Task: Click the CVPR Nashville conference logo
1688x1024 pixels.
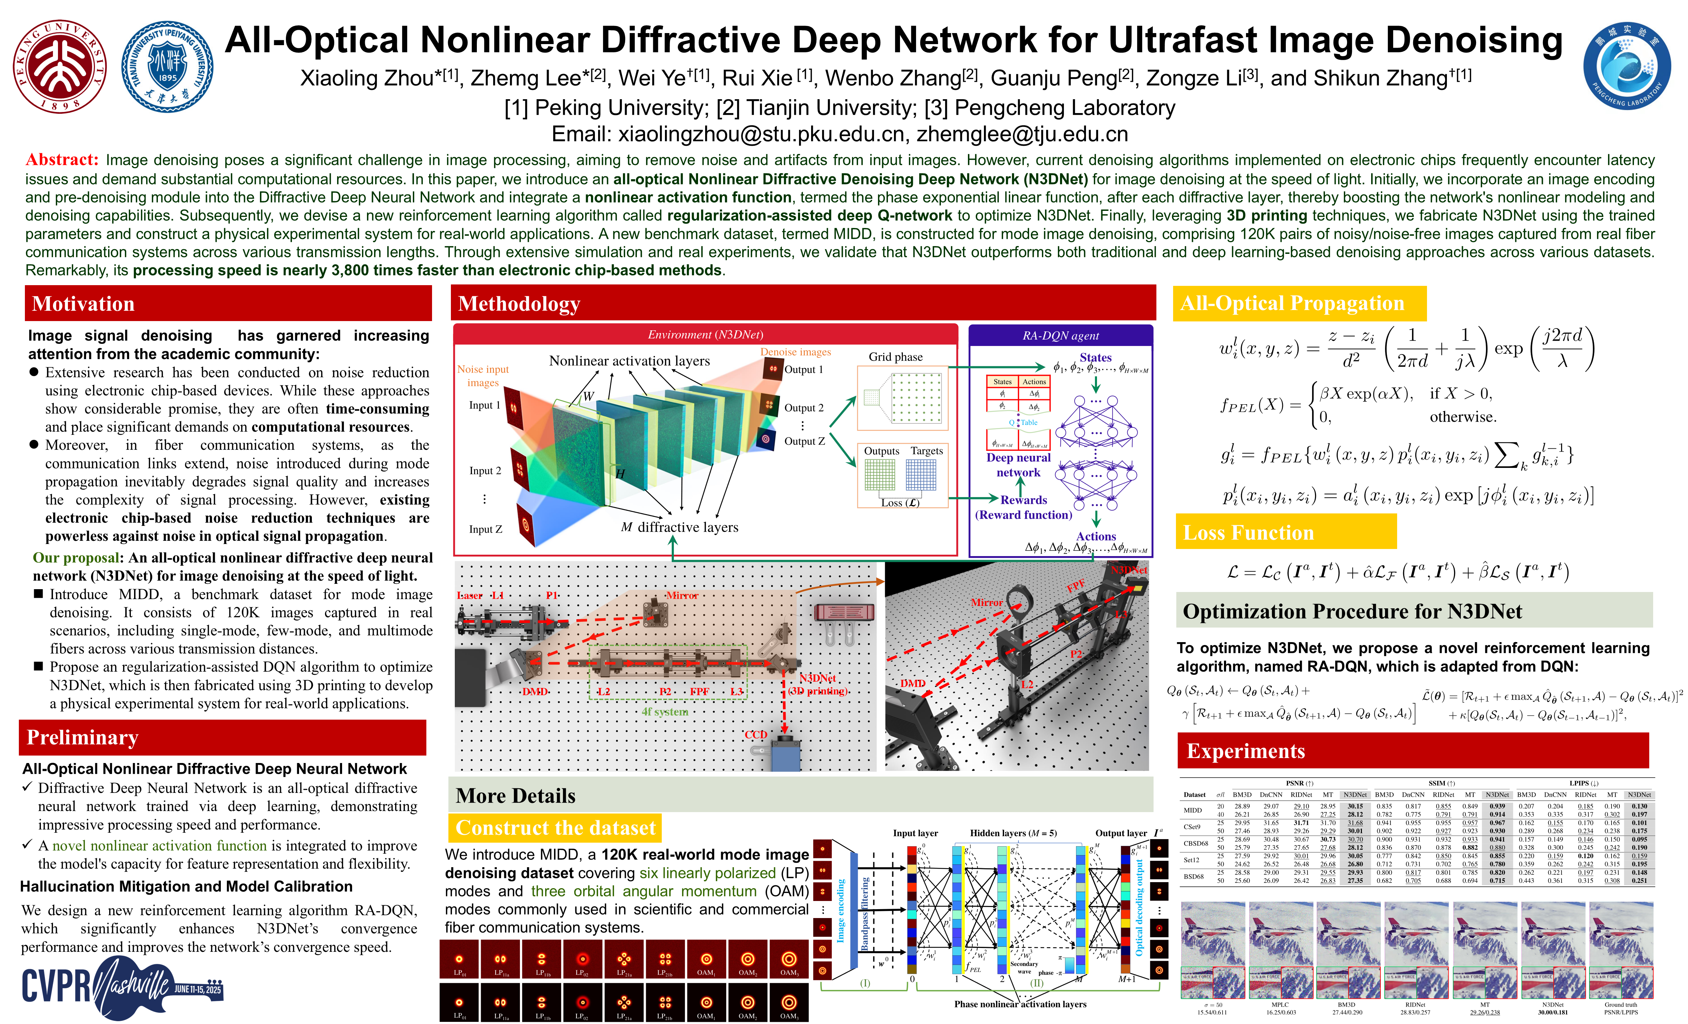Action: [122, 986]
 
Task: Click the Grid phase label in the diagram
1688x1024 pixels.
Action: [895, 357]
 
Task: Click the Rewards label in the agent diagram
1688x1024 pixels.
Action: [1023, 500]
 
